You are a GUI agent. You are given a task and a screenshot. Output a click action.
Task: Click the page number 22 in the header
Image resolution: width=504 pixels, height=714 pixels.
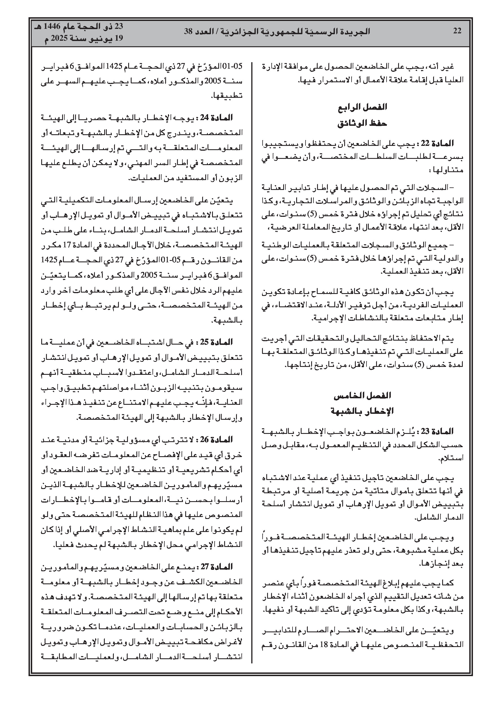coord(457,31)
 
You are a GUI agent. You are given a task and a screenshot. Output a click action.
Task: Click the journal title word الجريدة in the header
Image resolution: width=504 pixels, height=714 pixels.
coord(357,31)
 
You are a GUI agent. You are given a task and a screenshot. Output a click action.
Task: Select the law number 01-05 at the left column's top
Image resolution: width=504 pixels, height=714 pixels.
coord(235,67)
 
